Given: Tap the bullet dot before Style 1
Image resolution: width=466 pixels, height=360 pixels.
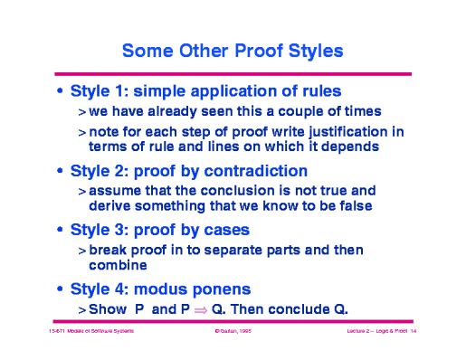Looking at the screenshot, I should click(60, 91).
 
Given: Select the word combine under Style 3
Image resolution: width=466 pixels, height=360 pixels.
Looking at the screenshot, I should click(114, 266).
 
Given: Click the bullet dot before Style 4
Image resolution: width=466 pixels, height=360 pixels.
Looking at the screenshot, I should click(60, 289).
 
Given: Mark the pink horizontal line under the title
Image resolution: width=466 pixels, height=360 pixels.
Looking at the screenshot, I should click(233, 73).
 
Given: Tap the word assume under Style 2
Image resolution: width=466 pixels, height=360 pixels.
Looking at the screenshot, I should click(114, 191).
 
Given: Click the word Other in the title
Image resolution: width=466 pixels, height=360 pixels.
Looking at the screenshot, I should click(199, 48).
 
